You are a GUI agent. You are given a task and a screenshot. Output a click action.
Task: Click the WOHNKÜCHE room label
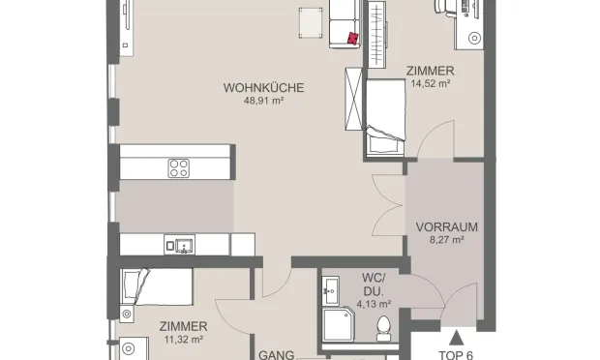click(x=263, y=88)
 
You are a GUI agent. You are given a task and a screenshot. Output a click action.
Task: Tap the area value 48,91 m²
click(x=263, y=102)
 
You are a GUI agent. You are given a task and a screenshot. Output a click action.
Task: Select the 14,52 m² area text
click(x=428, y=84)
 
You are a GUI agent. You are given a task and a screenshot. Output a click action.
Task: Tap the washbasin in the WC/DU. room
click(x=330, y=287)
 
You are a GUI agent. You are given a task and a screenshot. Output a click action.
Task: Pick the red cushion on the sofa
click(x=352, y=38)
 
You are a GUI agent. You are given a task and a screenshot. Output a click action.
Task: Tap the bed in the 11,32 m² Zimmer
click(x=155, y=285)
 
